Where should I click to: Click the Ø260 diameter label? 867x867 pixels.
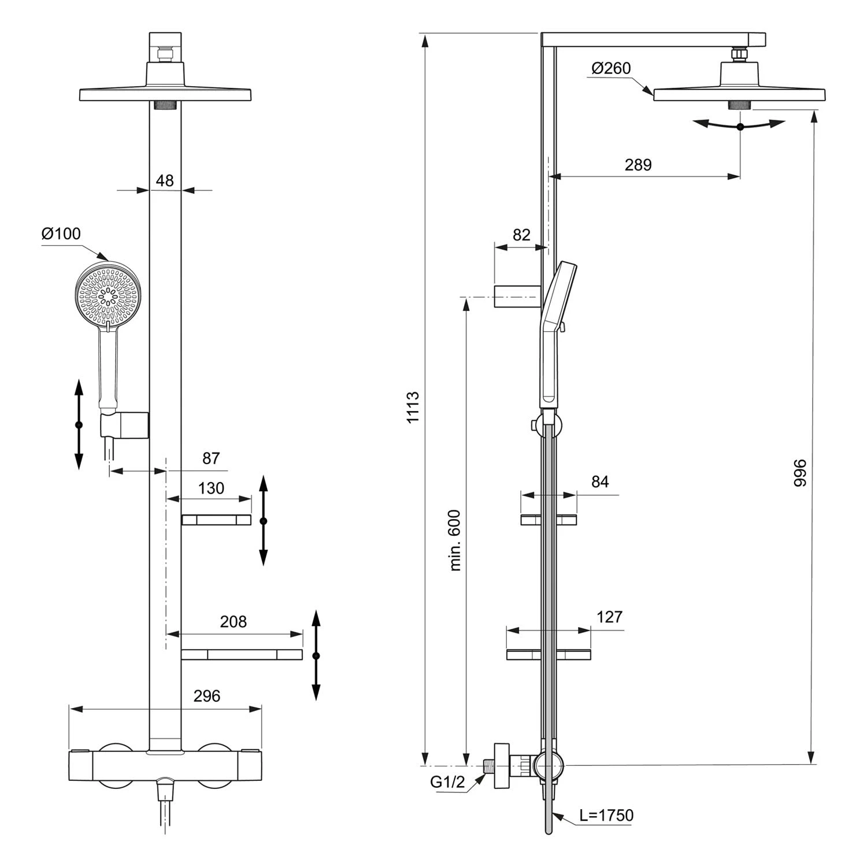tap(611, 68)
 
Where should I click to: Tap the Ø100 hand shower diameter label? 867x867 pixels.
tap(61, 234)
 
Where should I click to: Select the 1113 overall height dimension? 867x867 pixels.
tap(413, 407)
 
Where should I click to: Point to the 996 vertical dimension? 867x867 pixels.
tap(800, 472)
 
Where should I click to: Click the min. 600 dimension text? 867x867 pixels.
tap(455, 540)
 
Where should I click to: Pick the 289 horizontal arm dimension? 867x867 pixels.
tap(638, 165)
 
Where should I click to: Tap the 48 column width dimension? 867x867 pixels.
tap(165, 181)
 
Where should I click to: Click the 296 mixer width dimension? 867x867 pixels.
tap(206, 696)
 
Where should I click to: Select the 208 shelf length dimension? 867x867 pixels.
tap(233, 622)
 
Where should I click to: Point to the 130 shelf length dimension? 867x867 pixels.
tap(211, 489)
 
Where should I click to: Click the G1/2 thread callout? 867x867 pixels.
tap(447, 782)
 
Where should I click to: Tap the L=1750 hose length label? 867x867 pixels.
tap(606, 816)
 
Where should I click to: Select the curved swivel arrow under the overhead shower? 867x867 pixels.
tap(740, 125)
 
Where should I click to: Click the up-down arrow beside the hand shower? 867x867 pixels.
tap(79, 424)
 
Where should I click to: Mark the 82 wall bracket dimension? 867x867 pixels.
tap(521, 235)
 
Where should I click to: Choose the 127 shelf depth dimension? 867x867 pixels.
tap(609, 617)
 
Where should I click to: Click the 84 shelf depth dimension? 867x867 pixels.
tap(600, 482)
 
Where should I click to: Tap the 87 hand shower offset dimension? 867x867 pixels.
tap(211, 458)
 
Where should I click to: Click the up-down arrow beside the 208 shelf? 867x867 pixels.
tap(316, 655)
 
